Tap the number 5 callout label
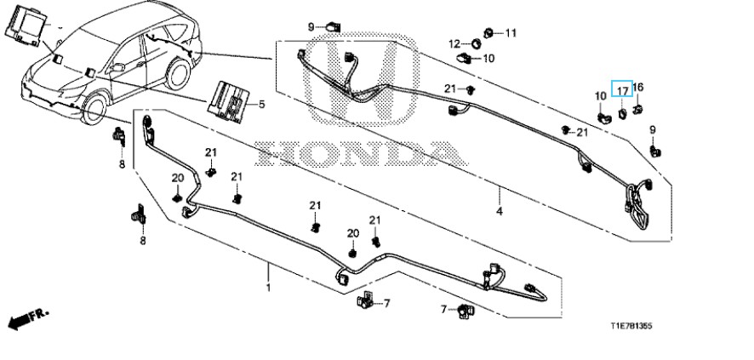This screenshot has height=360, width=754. (261, 105)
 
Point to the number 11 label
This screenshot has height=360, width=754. (511, 33)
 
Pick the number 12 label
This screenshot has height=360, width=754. (454, 44)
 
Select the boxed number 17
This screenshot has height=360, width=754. (622, 89)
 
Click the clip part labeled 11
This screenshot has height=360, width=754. (491, 33)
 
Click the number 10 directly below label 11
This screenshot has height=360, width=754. (489, 59)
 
